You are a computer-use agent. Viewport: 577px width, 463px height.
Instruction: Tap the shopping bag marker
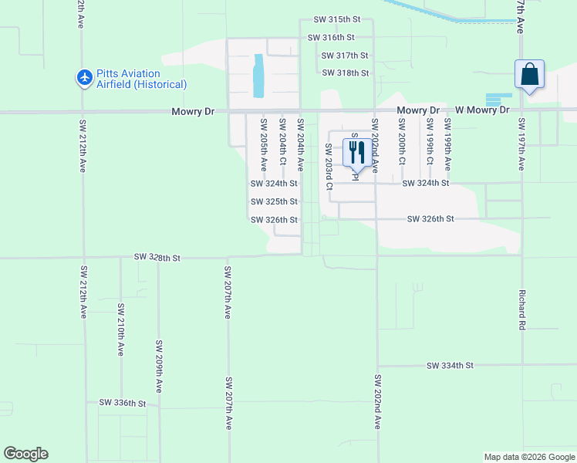click(529, 75)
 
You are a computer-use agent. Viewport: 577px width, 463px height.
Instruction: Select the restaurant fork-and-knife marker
click(356, 152)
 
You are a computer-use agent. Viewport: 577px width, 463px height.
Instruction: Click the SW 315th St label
click(338, 19)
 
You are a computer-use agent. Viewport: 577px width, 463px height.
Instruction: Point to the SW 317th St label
click(346, 56)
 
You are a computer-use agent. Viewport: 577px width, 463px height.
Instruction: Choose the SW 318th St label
click(346, 73)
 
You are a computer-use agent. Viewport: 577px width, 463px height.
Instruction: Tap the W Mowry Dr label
click(482, 110)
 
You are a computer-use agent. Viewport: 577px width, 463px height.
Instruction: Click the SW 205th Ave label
click(264, 144)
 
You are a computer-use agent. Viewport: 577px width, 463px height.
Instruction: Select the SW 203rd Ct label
click(329, 166)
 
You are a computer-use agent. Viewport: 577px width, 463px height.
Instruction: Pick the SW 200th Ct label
click(402, 142)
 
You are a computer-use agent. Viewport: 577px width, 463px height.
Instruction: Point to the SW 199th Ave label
click(447, 144)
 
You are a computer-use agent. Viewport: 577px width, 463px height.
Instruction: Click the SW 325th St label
click(274, 201)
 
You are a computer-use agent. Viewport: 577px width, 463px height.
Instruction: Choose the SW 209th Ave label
click(159, 367)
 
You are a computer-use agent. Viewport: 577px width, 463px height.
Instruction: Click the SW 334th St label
click(450, 365)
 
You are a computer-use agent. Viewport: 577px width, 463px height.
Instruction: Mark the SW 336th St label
click(122, 403)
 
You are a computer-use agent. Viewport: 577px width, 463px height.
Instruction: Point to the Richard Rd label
click(522, 310)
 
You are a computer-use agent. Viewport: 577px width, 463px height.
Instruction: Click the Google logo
click(25, 454)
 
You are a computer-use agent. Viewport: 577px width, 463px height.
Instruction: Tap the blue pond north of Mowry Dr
click(258, 75)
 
